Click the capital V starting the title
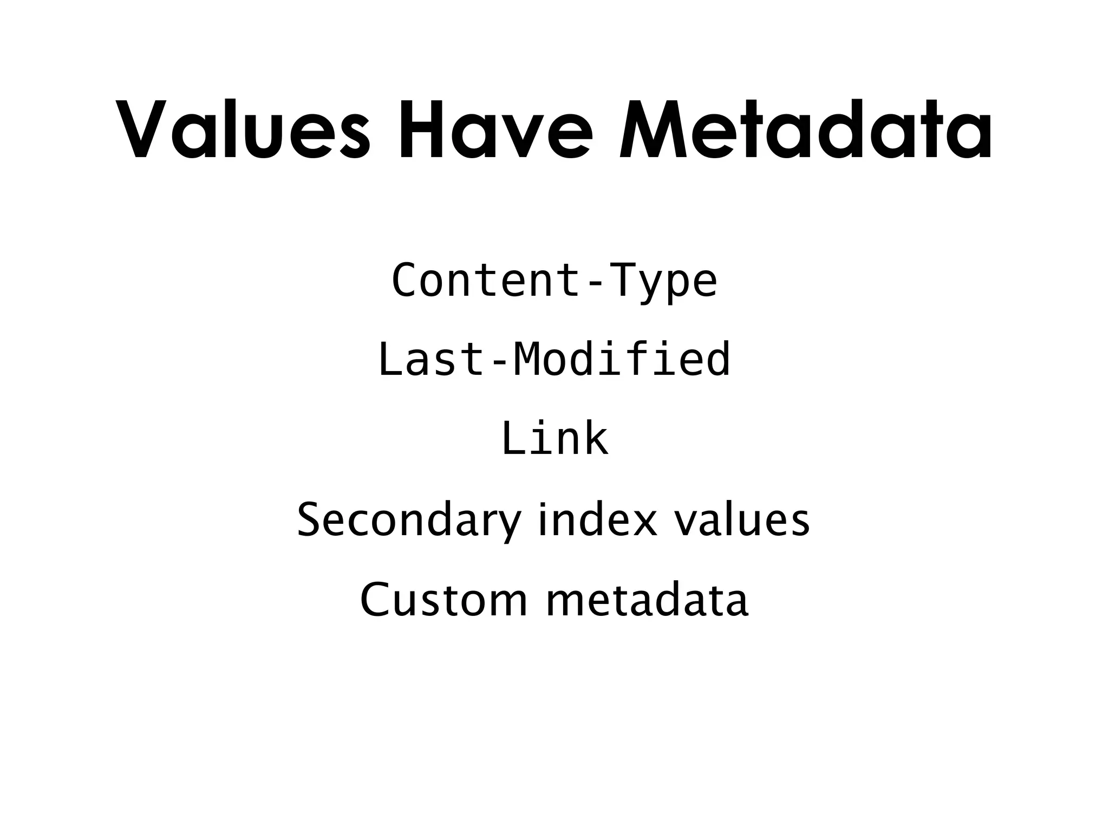(x=142, y=130)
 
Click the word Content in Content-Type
(x=479, y=281)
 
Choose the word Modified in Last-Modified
(x=622, y=360)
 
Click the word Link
(x=554, y=439)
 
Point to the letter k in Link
(x=595, y=439)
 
